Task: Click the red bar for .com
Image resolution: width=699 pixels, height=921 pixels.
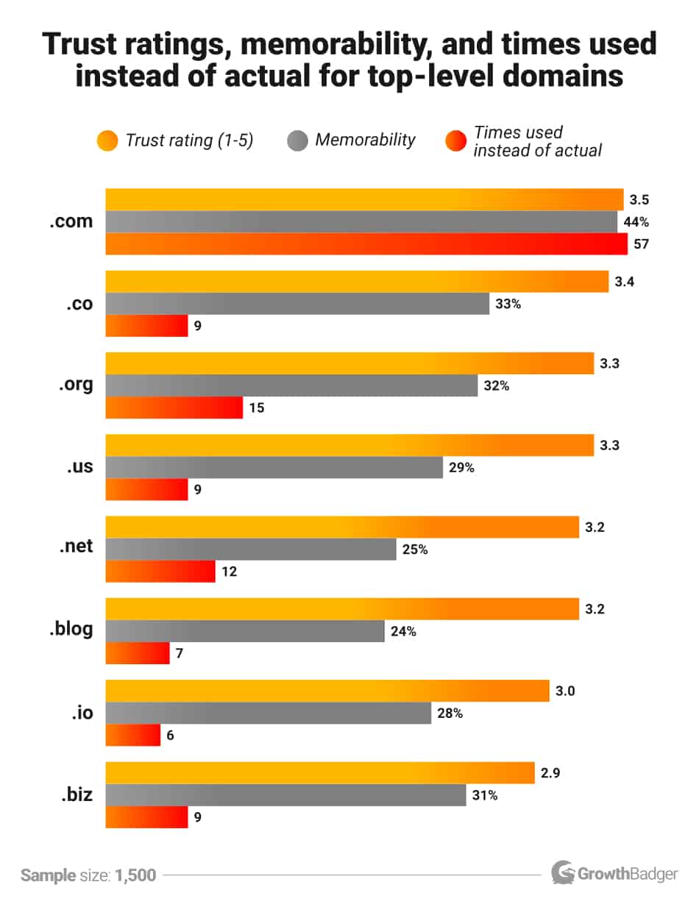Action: pyautogui.click(x=366, y=244)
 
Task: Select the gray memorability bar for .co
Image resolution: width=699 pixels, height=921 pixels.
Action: pyautogui.click(x=297, y=304)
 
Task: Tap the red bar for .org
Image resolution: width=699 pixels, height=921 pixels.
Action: pyautogui.click(x=174, y=408)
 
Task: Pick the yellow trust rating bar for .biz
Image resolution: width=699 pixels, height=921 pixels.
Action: pyautogui.click(x=320, y=773)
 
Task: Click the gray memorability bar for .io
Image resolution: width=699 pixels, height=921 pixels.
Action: pyautogui.click(x=269, y=713)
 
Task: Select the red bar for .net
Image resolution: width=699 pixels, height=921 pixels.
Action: pyautogui.click(x=160, y=571)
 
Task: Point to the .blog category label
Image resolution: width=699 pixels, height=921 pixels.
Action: pyautogui.click(x=71, y=630)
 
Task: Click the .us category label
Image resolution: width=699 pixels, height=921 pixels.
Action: pyautogui.click(x=77, y=467)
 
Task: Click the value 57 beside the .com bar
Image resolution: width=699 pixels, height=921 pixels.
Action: pyautogui.click(x=641, y=244)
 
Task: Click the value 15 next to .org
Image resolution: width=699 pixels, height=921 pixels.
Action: pyautogui.click(x=256, y=408)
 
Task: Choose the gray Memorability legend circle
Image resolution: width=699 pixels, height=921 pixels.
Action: pyautogui.click(x=297, y=141)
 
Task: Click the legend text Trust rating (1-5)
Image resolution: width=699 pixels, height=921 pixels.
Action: pyautogui.click(x=189, y=141)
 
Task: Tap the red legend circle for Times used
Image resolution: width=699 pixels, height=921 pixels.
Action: pyautogui.click(x=456, y=141)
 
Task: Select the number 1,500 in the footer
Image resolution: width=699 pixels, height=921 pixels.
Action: pyautogui.click(x=135, y=875)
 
